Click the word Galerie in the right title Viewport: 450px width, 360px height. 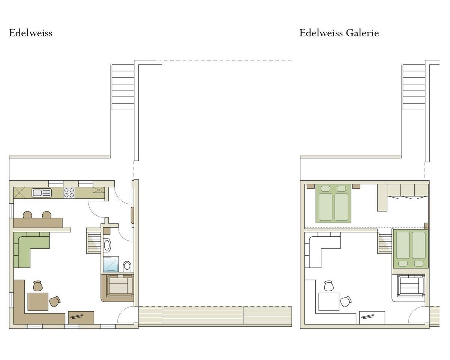(x=362, y=33)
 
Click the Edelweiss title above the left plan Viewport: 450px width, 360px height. (x=31, y=33)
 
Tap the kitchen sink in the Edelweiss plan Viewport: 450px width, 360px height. (x=42, y=193)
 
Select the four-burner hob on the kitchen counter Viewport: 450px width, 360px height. (x=69, y=193)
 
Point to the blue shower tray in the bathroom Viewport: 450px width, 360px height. (x=111, y=264)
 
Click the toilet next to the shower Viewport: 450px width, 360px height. (x=127, y=266)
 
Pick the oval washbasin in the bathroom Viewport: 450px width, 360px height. (x=107, y=245)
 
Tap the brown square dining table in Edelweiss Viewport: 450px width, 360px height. (x=38, y=301)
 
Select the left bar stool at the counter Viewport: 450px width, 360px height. (x=27, y=214)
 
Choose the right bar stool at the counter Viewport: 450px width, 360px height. (x=46, y=214)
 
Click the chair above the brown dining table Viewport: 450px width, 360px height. (x=38, y=286)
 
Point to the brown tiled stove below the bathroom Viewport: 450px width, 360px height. (x=117, y=287)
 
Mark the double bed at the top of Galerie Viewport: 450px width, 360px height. (x=333, y=203)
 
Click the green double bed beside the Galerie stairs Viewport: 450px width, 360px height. (x=411, y=249)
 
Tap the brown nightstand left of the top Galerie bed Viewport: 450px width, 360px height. (x=310, y=186)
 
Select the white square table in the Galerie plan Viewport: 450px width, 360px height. (x=329, y=301)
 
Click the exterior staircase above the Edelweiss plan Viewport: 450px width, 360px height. (x=123, y=87)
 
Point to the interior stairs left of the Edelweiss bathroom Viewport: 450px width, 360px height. (x=94, y=241)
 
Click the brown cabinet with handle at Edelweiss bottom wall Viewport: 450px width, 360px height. (x=81, y=318)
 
